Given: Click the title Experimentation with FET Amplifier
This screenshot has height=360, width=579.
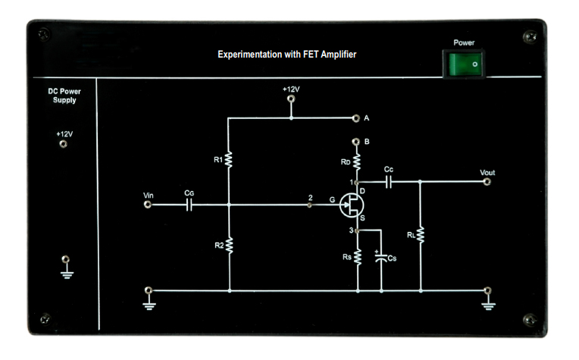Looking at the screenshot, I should tap(286, 55).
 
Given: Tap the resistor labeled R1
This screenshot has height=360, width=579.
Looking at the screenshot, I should tap(228, 160).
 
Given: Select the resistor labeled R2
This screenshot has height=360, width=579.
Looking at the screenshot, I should tap(228, 246).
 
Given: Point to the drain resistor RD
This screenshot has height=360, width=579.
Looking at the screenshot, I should tap(357, 161).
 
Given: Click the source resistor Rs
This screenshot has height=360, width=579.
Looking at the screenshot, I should tap(357, 258).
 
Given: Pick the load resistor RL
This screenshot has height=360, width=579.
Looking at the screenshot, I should tap(421, 236).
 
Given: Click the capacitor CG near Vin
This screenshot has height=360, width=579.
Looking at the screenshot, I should tap(189, 204).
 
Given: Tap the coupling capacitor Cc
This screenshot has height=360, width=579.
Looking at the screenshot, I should tap(388, 182).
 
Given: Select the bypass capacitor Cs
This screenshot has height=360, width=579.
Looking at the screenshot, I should tap(380, 258).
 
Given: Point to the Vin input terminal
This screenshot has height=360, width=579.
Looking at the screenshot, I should tap(148, 204).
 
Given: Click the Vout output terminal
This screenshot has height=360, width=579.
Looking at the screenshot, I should tap(488, 182).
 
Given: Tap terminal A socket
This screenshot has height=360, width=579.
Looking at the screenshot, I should tap(356, 118).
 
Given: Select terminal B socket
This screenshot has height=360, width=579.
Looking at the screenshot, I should tap(357, 142).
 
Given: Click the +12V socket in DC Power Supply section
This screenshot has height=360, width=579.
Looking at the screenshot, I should tap(64, 144).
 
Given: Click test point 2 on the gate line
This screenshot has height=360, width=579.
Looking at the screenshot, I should tap(309, 205).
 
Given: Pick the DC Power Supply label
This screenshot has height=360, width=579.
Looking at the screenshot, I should tap(64, 95).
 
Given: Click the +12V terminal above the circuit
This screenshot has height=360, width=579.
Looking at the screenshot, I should tap(291, 99).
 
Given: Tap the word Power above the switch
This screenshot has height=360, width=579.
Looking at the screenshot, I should tap(464, 43).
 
